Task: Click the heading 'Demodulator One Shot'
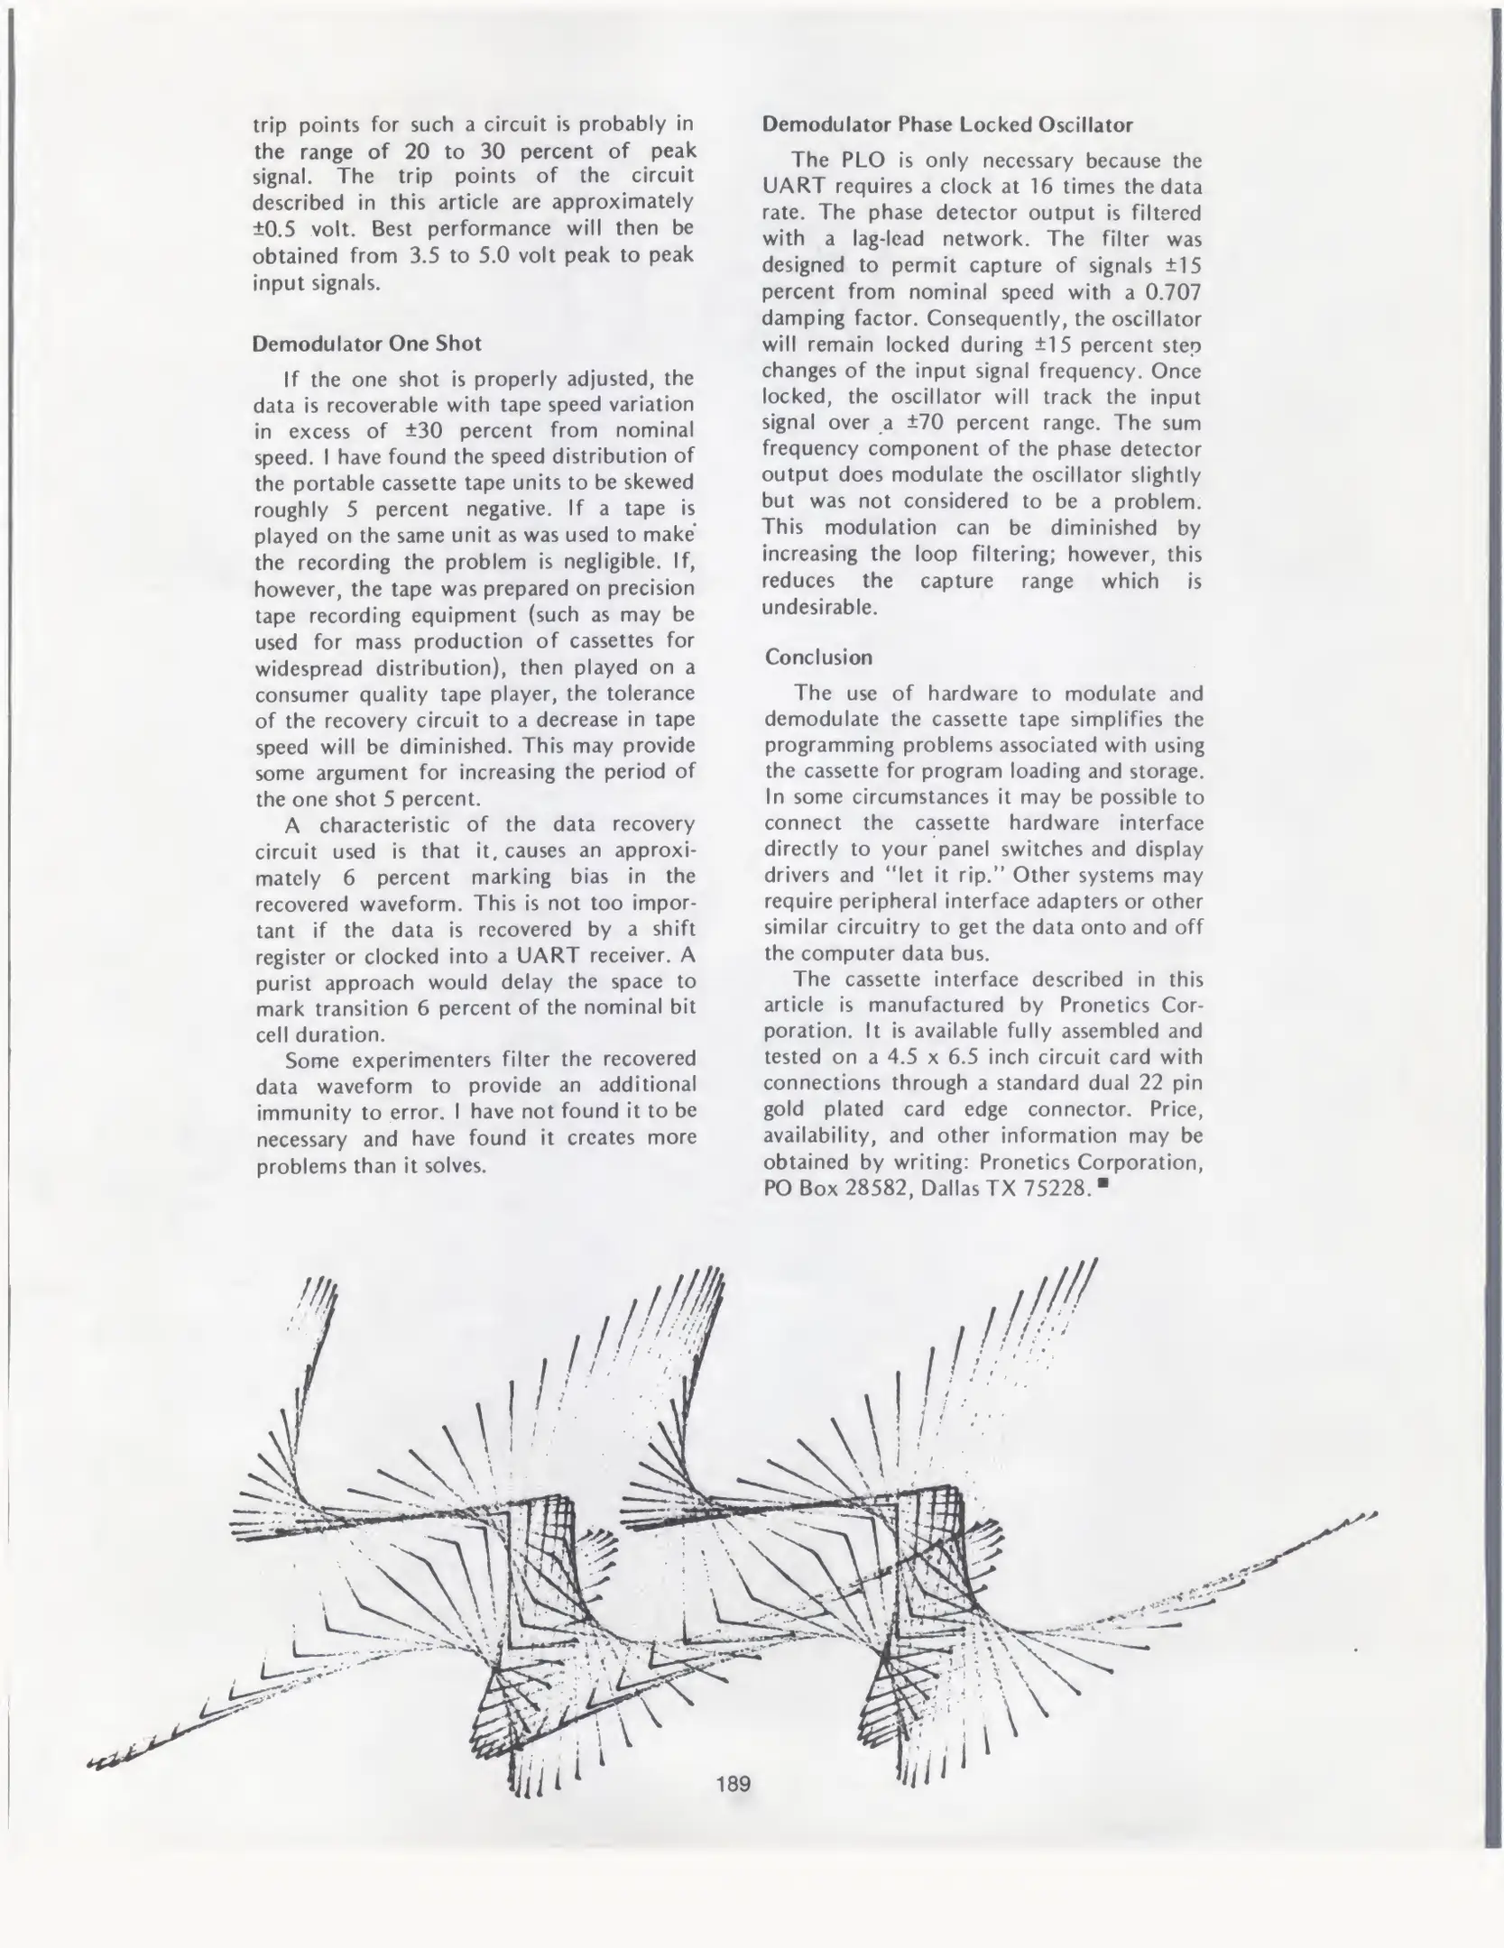click(x=366, y=344)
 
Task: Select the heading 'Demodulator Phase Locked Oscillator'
click(x=947, y=124)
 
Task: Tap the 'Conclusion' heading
click(x=818, y=657)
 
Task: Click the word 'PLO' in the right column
click(x=853, y=161)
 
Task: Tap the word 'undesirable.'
click(x=819, y=607)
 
